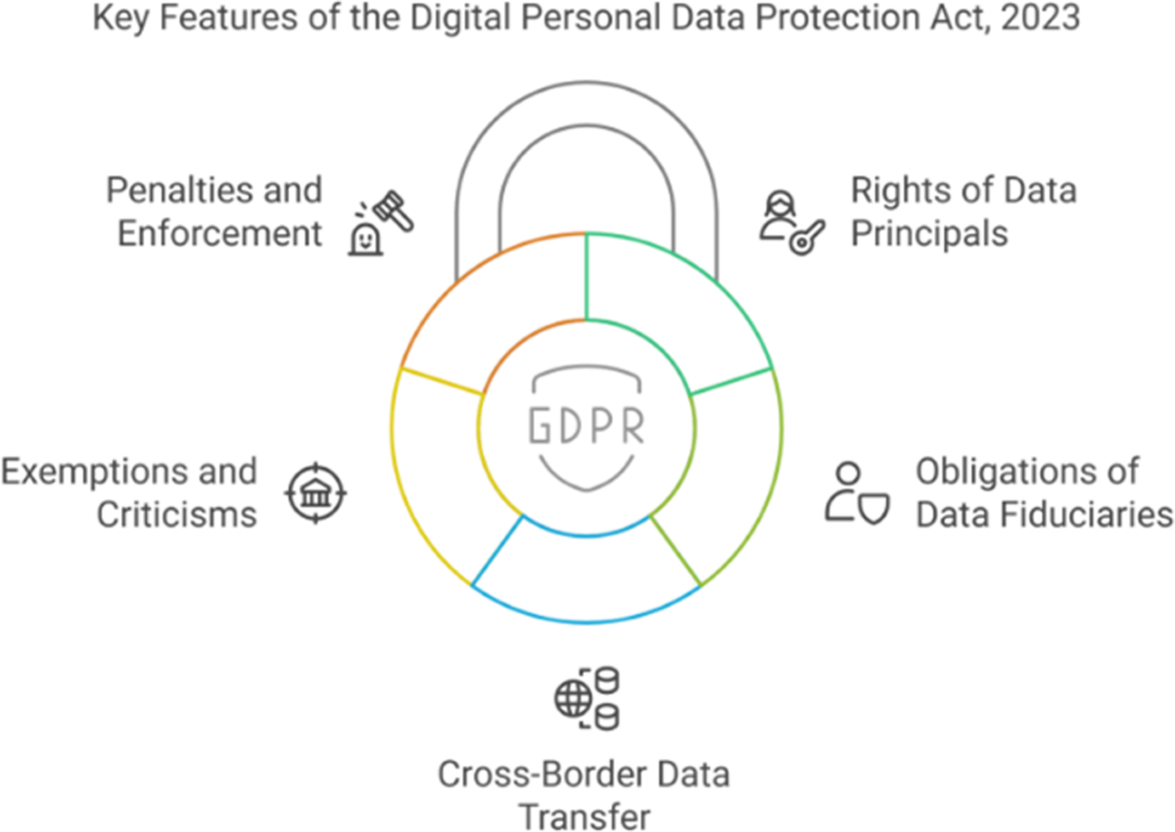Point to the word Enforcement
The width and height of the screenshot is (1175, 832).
220,234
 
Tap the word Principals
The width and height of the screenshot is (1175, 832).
928,234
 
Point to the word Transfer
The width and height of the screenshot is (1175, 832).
584,816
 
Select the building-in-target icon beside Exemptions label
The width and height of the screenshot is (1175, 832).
314,492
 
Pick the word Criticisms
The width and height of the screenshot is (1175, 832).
176,514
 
